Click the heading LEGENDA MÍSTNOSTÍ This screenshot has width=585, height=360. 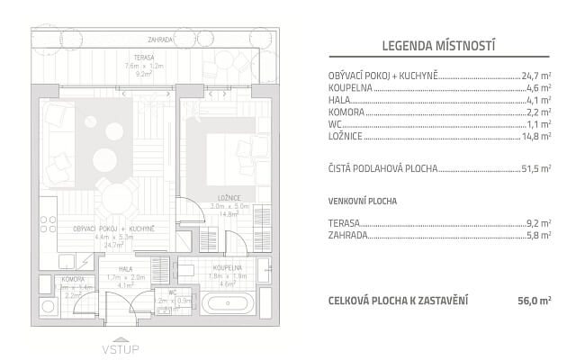(x=439, y=45)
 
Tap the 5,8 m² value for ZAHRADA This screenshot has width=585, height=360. (x=539, y=235)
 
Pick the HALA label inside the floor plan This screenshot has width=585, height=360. (x=114, y=269)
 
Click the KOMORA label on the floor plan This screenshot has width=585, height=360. (x=72, y=280)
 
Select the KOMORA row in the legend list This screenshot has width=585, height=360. (x=347, y=112)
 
